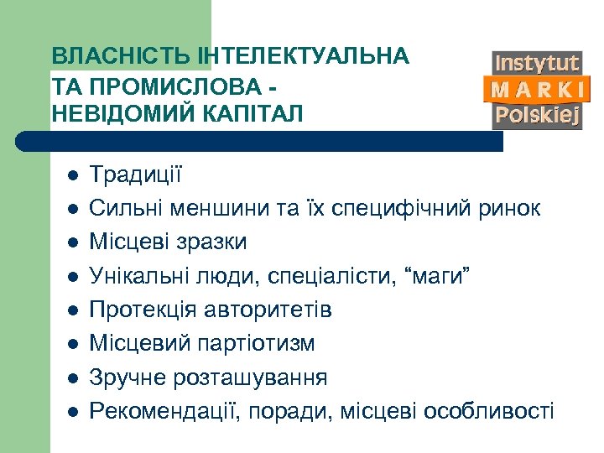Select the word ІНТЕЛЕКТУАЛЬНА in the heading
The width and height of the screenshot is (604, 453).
(x=304, y=56)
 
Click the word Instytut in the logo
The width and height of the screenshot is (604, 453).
(x=537, y=63)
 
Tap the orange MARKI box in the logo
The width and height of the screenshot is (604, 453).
(x=537, y=89)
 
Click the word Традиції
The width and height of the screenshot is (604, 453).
(x=135, y=175)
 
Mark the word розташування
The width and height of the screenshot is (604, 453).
(x=251, y=377)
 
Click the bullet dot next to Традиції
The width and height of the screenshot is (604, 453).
(x=73, y=176)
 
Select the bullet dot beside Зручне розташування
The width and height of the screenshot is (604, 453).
(x=73, y=378)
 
